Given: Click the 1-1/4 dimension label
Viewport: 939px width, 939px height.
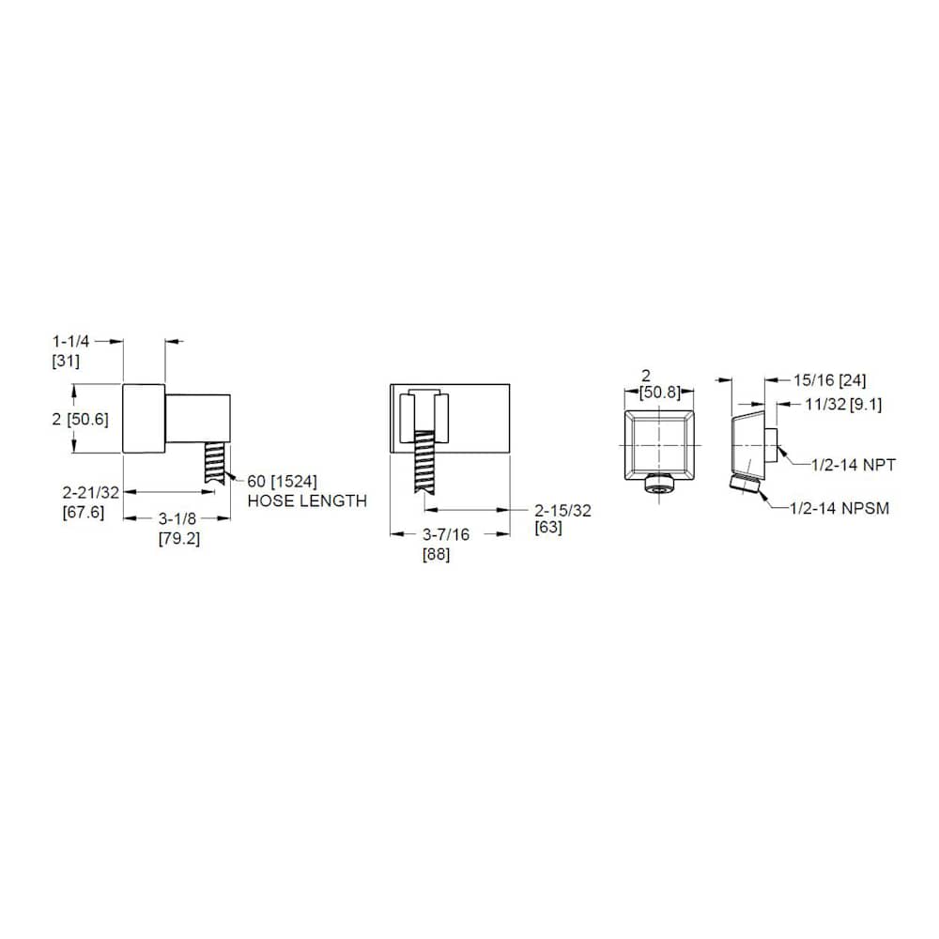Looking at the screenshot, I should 73,343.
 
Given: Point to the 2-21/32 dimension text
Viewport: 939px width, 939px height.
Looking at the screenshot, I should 91,492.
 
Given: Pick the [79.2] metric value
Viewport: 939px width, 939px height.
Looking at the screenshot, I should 180,539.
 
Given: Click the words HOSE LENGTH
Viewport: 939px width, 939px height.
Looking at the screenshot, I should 307,501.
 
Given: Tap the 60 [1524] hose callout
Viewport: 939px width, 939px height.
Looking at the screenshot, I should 282,482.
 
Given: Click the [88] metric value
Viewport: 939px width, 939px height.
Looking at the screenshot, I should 437,554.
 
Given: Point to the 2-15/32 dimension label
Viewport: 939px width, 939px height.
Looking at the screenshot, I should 563,509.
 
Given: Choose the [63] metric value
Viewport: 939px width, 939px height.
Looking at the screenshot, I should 548,528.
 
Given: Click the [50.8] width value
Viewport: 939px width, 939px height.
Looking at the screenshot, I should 659,393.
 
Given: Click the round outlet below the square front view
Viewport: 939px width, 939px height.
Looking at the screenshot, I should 660,485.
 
